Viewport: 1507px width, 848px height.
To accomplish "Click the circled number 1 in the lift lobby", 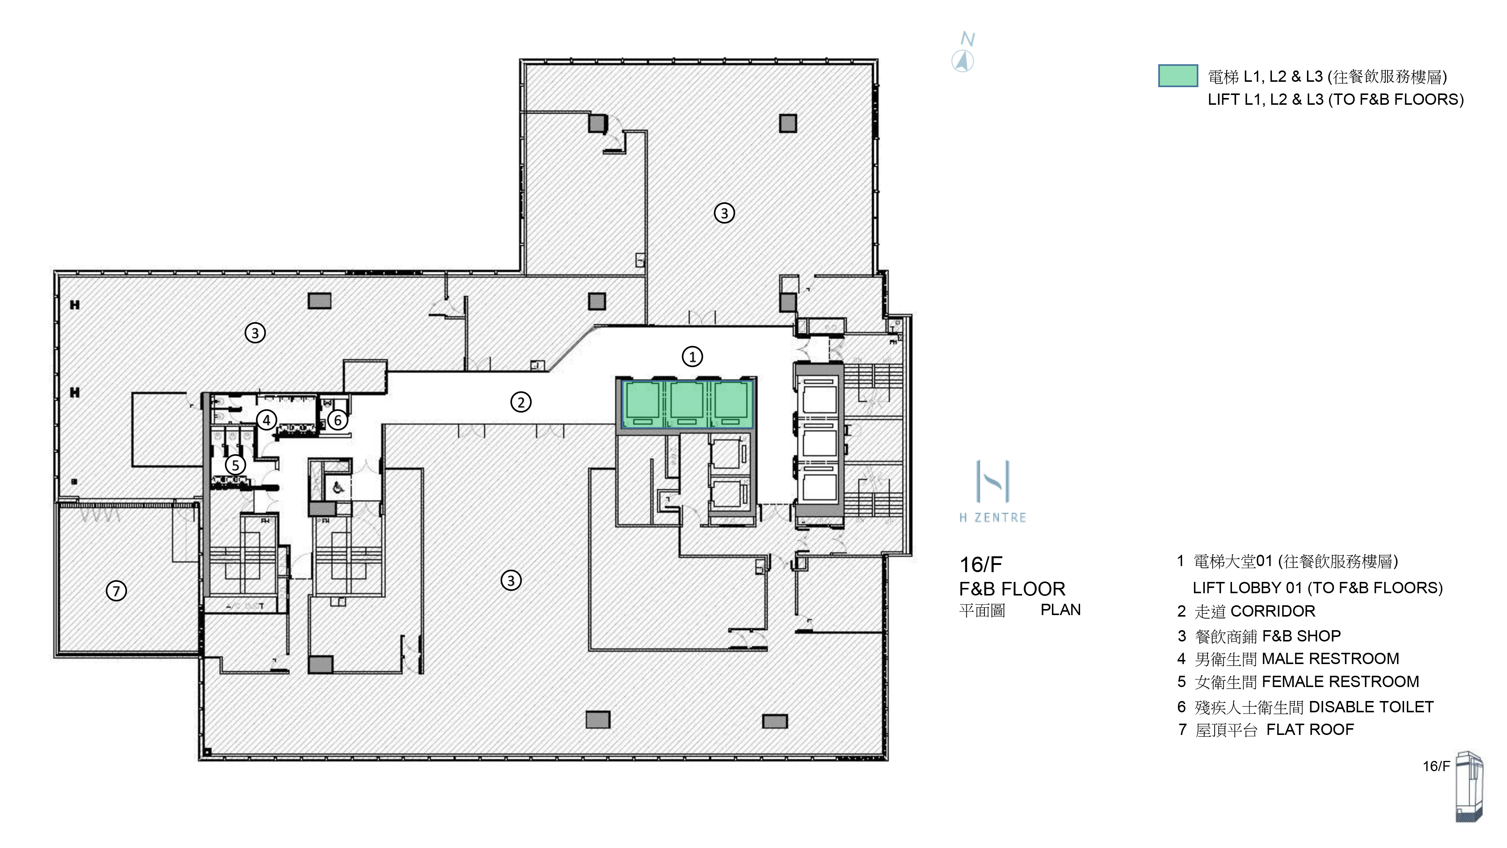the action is (x=692, y=357).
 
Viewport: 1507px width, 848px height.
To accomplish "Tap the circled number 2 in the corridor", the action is (x=521, y=402).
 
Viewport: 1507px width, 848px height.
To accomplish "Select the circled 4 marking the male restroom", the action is (x=266, y=419).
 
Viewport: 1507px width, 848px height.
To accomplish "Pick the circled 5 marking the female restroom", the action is (x=235, y=465).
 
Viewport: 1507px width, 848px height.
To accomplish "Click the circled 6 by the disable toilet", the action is (x=338, y=419).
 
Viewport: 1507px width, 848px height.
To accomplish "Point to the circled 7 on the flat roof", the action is (x=116, y=591).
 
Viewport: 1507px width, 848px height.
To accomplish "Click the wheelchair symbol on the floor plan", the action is (x=339, y=487).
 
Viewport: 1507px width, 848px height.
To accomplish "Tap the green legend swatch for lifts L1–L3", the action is (x=1178, y=75).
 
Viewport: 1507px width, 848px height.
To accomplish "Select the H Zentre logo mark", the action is (x=993, y=481).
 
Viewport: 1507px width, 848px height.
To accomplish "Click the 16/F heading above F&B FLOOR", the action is (x=980, y=565).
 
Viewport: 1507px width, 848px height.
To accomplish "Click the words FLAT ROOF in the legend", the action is (x=1310, y=729).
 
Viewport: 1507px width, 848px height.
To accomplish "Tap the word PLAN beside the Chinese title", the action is (x=1060, y=610).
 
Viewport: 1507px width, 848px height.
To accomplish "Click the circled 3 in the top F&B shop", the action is (x=724, y=213).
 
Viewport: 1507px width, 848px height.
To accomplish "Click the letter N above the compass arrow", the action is (x=967, y=39).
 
